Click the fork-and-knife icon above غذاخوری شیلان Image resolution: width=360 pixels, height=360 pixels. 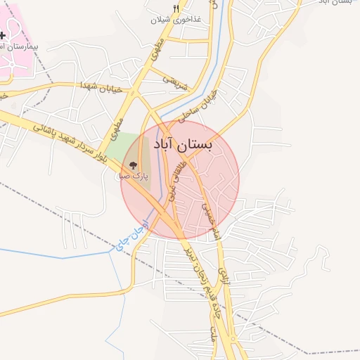pos(176,8)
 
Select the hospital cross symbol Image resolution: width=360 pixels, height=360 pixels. pos(2,34)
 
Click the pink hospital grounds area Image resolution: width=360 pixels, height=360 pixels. pos(18,60)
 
